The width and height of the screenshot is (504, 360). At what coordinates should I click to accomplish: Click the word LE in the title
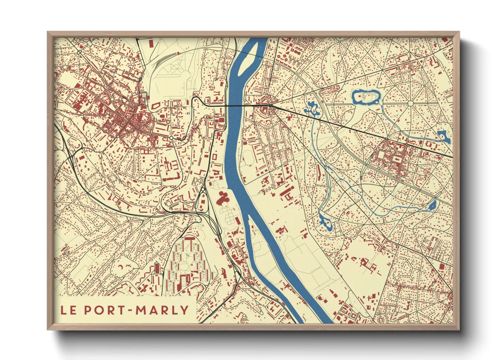[68, 310]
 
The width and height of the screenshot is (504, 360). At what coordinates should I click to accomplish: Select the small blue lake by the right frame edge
[443, 136]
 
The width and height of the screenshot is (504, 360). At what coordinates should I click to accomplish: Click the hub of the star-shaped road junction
[410, 103]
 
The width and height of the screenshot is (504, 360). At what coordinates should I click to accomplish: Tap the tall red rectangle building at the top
[151, 44]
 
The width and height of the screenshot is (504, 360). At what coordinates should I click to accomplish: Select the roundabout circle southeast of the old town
[171, 138]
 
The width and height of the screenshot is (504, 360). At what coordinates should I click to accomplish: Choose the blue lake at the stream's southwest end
[324, 223]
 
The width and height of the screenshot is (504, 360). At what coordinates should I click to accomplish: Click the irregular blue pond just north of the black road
[312, 108]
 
